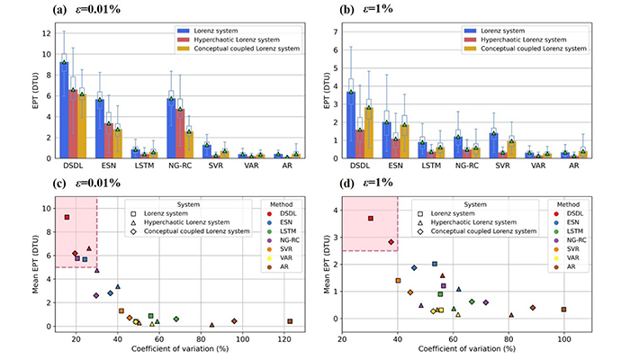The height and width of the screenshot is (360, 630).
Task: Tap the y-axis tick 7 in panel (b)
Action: (332, 31)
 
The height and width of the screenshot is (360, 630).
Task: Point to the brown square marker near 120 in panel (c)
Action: (290, 321)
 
